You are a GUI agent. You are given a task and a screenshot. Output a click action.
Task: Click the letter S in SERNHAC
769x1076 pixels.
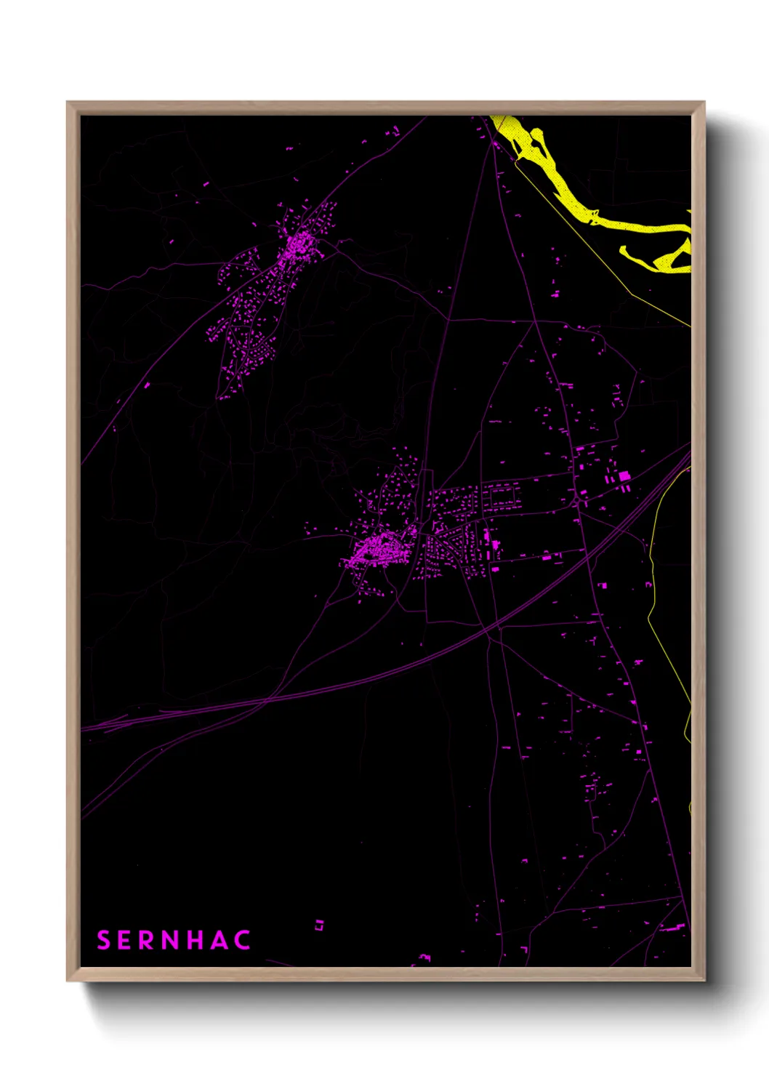coord(103,940)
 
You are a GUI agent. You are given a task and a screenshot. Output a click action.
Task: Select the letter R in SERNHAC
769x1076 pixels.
coord(146,940)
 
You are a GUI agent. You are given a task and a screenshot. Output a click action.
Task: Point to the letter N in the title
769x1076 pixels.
coord(171,940)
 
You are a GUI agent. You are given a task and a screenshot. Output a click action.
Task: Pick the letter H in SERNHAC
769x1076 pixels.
coord(196,940)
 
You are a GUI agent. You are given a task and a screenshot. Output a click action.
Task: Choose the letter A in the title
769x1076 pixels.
coord(220,940)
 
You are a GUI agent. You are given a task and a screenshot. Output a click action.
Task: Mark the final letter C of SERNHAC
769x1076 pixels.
coord(243,940)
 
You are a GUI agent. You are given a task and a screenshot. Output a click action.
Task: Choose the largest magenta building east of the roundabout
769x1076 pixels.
coord(624,476)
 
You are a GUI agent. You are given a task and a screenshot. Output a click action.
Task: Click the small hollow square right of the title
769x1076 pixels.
coord(318,926)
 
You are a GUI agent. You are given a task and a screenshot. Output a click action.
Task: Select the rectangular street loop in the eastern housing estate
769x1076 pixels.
coord(502,497)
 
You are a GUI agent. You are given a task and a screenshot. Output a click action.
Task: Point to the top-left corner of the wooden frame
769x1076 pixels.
coord(68,103)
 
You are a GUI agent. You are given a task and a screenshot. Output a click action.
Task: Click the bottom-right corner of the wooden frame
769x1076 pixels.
coord(704,981)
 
